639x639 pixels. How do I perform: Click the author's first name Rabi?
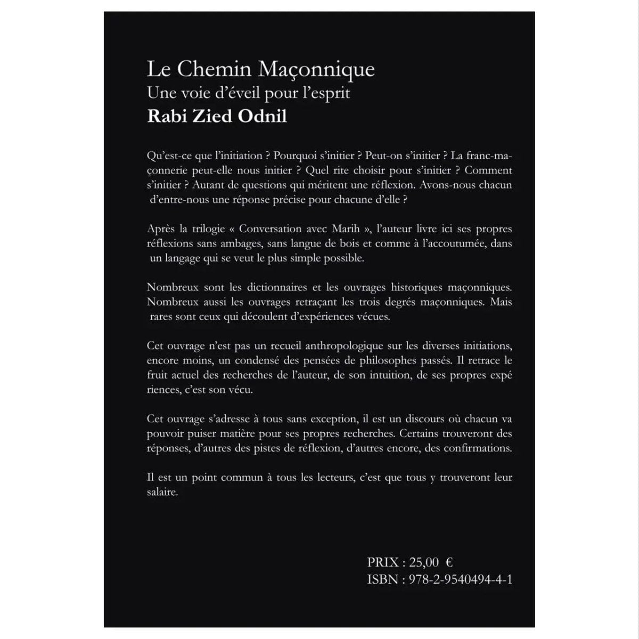tap(164, 117)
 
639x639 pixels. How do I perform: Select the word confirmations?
tap(477, 448)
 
